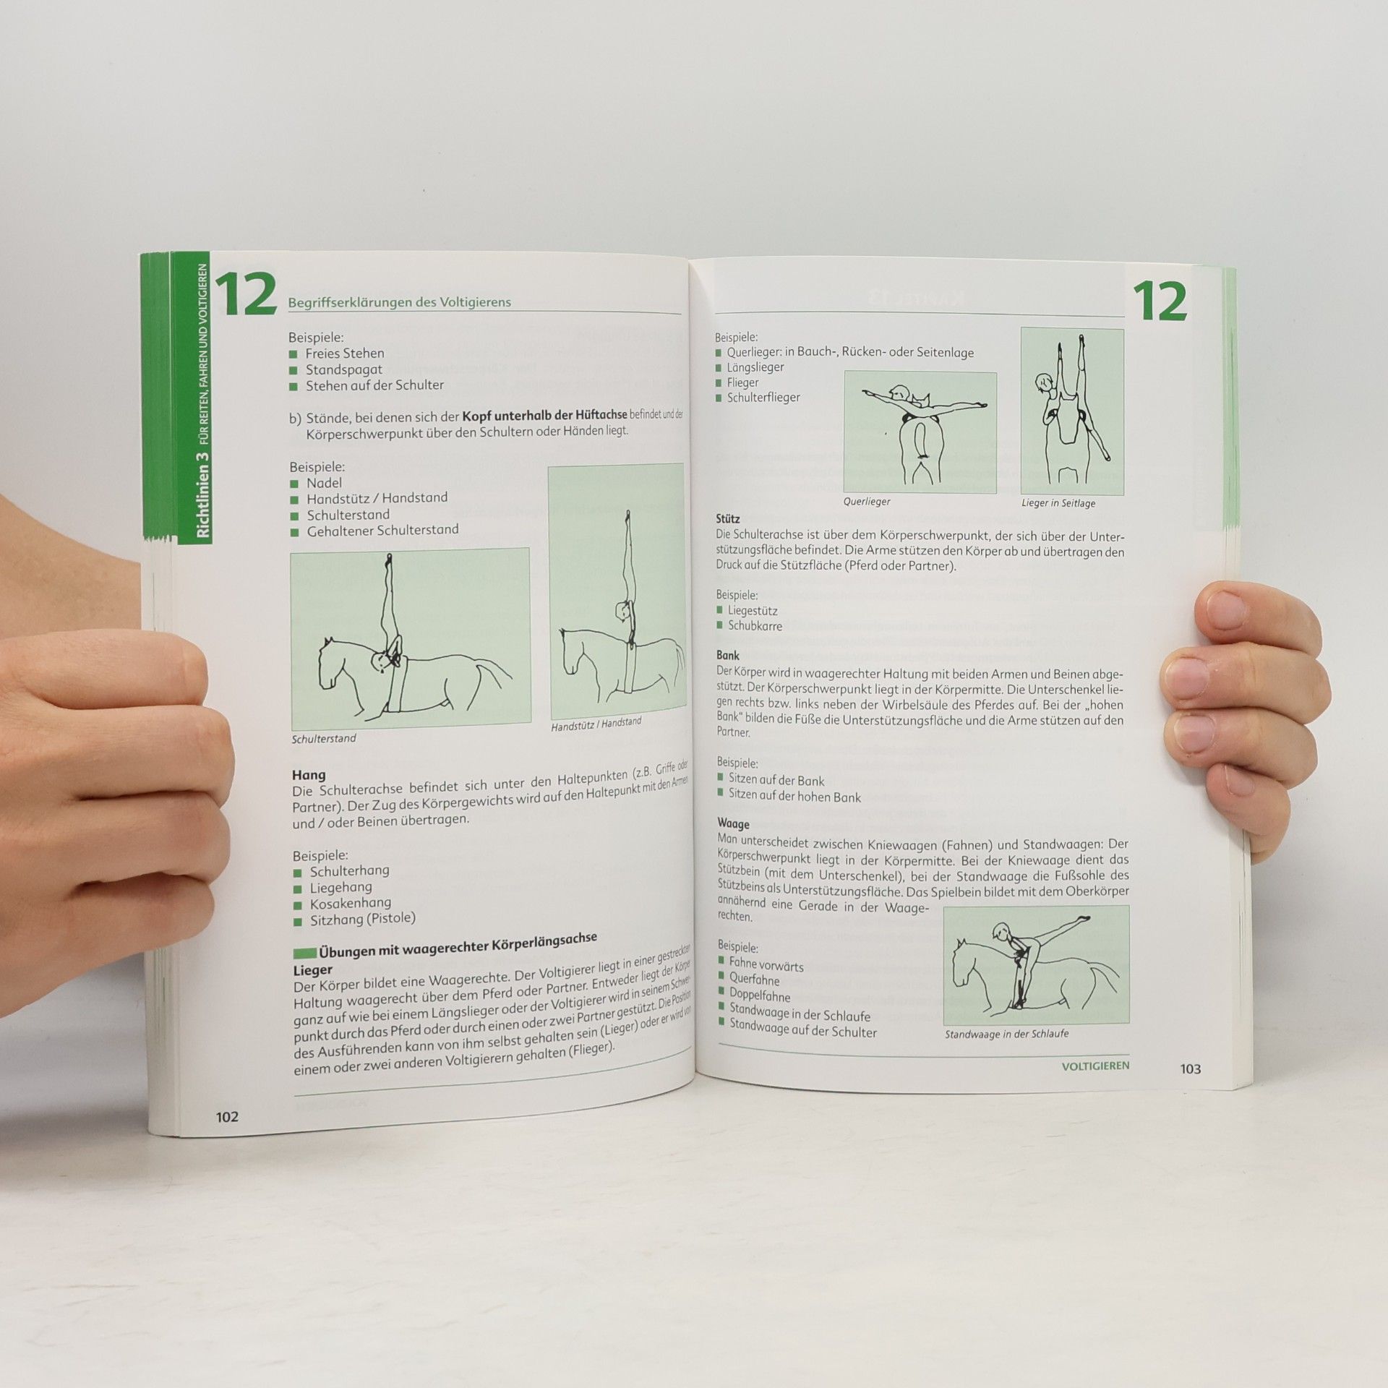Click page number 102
pos(227,1117)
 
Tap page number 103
pos(1190,1069)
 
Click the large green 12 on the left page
pos(246,295)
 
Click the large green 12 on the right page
pos(1159,301)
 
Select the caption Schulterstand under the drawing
pos(324,739)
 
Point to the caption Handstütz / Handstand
pos(596,724)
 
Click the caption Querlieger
pos(867,502)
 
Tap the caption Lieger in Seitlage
pos(1058,503)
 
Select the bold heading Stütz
pos(728,519)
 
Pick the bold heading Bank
pos(728,655)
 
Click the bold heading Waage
pos(733,823)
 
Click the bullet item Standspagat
pos(344,369)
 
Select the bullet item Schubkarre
pos(755,626)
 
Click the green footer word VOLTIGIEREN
pos(1095,1066)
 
